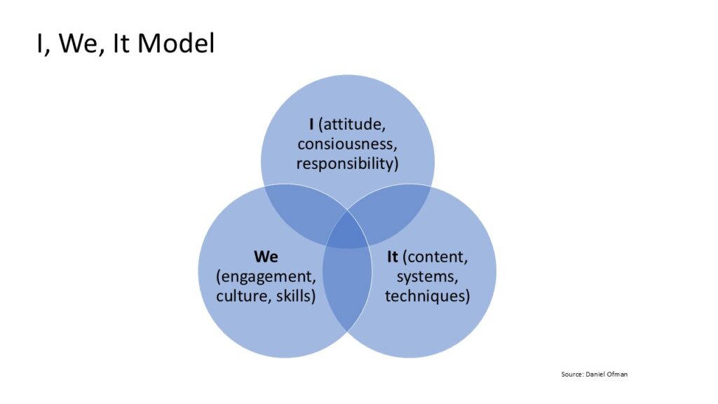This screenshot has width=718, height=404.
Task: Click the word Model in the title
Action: [x=176, y=43]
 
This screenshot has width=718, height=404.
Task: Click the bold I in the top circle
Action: [x=311, y=124]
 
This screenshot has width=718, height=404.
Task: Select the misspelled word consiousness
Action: [x=347, y=144]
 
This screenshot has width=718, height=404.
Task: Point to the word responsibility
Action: [x=347, y=163]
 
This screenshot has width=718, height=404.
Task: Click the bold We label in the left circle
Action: [x=266, y=257]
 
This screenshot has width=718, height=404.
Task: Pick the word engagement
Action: [x=266, y=276]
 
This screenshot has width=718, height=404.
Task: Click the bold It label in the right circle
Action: [x=393, y=257]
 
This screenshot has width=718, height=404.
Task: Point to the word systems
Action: [x=427, y=276]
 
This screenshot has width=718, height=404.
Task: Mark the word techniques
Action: [x=427, y=295]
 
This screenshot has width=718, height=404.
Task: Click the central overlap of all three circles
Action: [x=348, y=235]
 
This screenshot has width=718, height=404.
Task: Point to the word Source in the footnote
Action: [x=571, y=375]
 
